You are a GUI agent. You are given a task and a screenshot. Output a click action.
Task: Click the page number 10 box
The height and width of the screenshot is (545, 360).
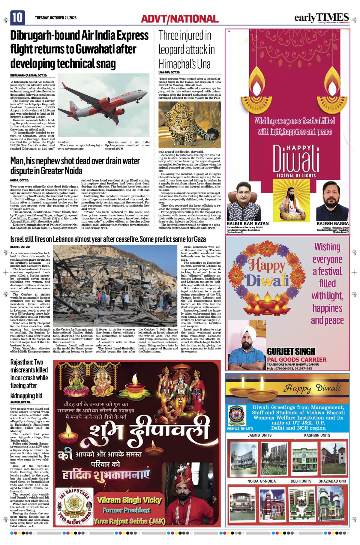pyautogui.click(x=17, y=18)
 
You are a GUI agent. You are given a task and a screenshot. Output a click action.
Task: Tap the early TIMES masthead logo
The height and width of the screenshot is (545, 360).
pyautogui.click(x=321, y=18)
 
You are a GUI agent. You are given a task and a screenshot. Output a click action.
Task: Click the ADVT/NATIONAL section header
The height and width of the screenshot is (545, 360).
pyautogui.click(x=180, y=19)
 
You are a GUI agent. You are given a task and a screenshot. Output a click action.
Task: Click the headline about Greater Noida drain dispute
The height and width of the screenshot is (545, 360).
pyautogui.click(x=75, y=166)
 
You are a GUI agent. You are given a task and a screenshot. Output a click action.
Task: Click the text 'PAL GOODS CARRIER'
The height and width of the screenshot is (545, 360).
pyautogui.click(x=297, y=359)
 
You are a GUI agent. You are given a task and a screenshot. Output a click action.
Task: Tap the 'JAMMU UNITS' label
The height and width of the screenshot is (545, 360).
pyautogui.click(x=259, y=435)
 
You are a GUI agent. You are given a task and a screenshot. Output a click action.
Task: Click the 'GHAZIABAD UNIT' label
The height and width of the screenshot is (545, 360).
pyautogui.click(x=332, y=481)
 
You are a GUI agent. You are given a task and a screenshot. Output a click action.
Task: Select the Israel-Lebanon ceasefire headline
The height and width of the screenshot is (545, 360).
pyautogui.click(x=108, y=239)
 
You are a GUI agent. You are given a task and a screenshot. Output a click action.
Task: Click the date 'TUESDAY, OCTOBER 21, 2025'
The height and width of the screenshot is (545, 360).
pyautogui.click(x=55, y=18)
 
